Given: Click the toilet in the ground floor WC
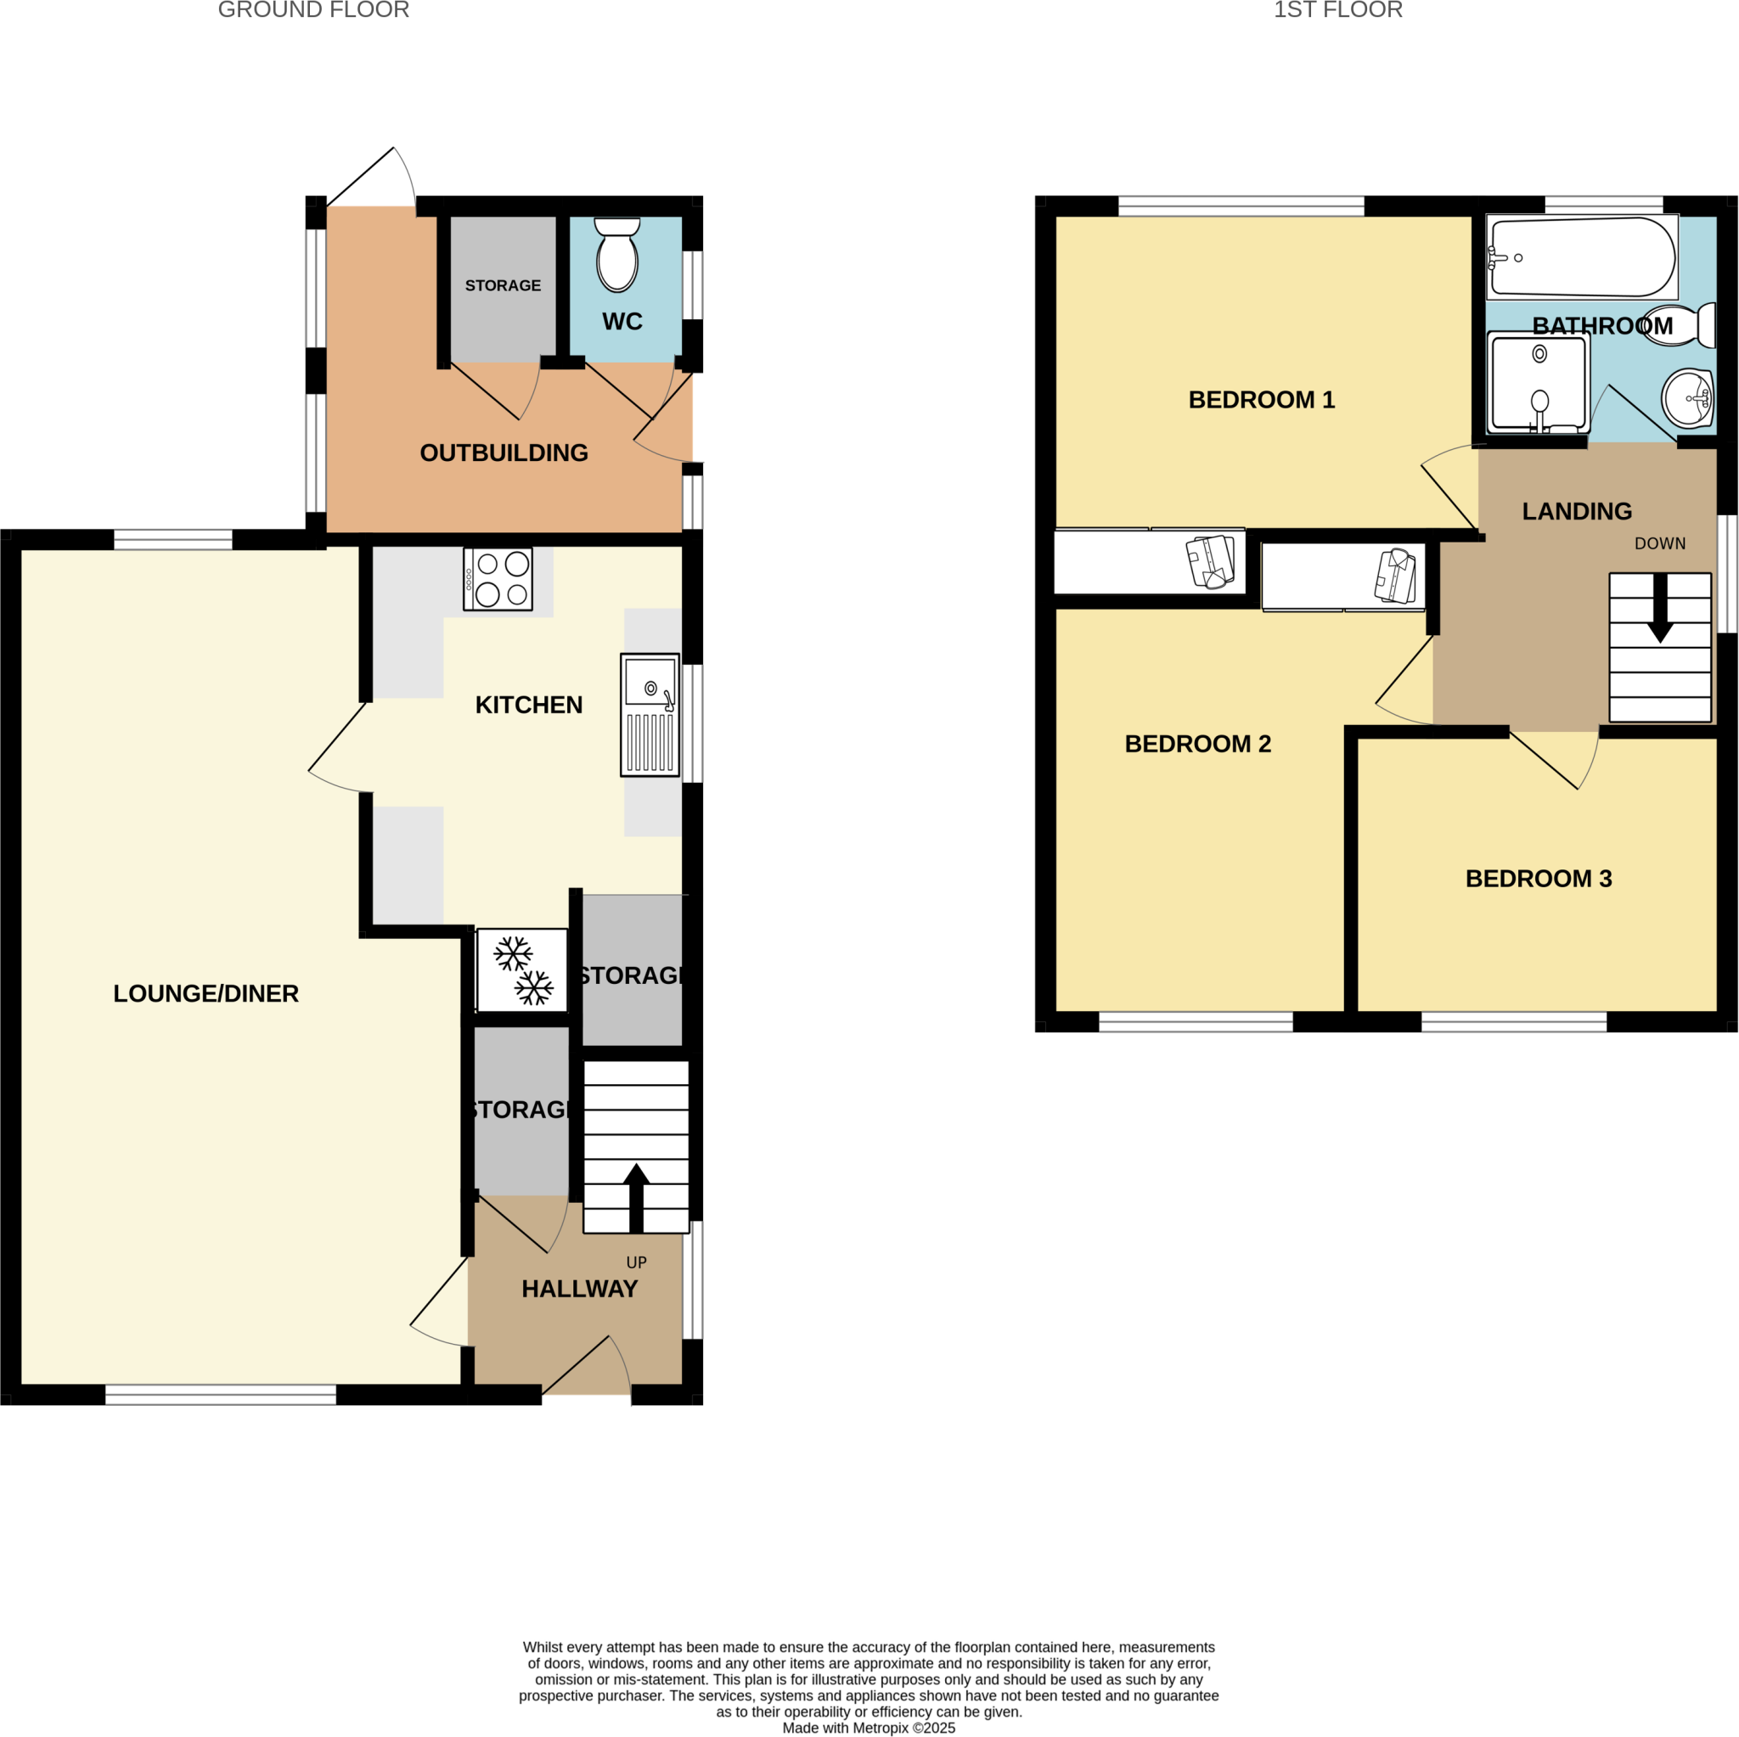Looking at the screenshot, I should [x=617, y=256].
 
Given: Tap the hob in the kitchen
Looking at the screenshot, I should [x=498, y=579].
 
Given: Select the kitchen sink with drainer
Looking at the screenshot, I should [x=650, y=715].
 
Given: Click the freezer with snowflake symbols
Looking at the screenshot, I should [x=522, y=970].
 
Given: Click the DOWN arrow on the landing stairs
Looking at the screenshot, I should [x=1660, y=609].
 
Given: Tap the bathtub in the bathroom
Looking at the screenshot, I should [x=1581, y=257].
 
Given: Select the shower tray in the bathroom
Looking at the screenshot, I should [x=1539, y=381].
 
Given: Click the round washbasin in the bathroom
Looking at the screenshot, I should [x=1688, y=398].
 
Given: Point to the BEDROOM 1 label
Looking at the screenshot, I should [x=1261, y=400].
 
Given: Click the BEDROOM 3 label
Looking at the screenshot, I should [x=1539, y=879].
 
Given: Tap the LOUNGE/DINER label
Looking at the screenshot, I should [x=206, y=993].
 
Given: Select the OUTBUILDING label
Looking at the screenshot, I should [x=504, y=453].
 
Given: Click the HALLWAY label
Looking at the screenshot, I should [x=580, y=1289].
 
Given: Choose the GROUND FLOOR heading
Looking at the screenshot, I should [x=313, y=10].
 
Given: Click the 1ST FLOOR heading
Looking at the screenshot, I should [x=1337, y=10].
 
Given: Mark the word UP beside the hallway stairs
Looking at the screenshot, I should [x=636, y=1262].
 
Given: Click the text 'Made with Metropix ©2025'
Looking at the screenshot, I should [x=869, y=1727].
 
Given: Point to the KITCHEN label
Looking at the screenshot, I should [x=528, y=705].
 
